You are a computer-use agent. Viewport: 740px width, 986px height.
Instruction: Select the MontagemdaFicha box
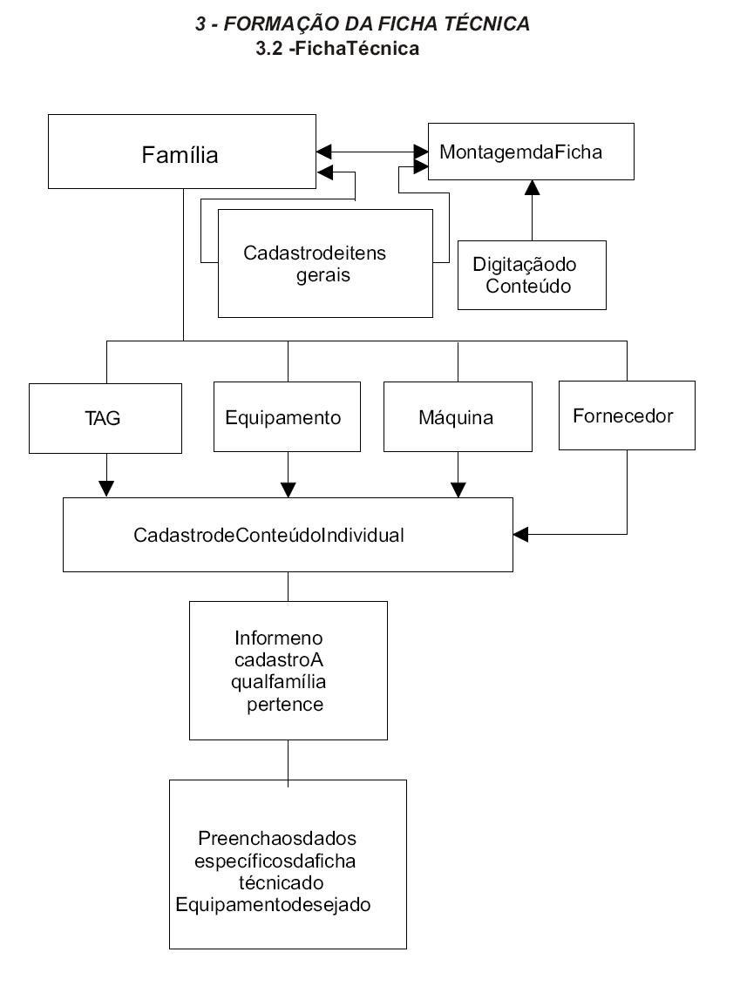(530, 152)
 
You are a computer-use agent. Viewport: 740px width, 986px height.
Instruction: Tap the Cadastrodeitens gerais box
(324, 263)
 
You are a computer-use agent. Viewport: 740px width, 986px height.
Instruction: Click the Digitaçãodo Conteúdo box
(532, 274)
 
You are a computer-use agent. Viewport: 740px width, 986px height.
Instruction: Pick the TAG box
(103, 417)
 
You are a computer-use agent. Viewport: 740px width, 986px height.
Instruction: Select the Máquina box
(457, 416)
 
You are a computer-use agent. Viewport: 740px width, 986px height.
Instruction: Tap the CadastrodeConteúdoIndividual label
(268, 535)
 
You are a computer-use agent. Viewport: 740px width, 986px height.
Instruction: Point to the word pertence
(285, 704)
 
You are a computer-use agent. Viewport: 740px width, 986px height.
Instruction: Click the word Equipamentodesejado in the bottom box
(274, 904)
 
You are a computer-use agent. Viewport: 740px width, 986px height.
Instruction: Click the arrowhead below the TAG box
(106, 489)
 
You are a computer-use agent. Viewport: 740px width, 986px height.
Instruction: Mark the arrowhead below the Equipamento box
(288, 489)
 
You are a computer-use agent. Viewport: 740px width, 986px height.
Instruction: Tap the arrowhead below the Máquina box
(458, 489)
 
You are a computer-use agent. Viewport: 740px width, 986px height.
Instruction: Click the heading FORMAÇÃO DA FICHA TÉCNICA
(376, 24)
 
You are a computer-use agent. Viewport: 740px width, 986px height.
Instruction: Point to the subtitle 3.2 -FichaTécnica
(338, 49)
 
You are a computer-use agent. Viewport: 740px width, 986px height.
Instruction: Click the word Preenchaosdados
(277, 839)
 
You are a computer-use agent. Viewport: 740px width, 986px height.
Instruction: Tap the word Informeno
(278, 638)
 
